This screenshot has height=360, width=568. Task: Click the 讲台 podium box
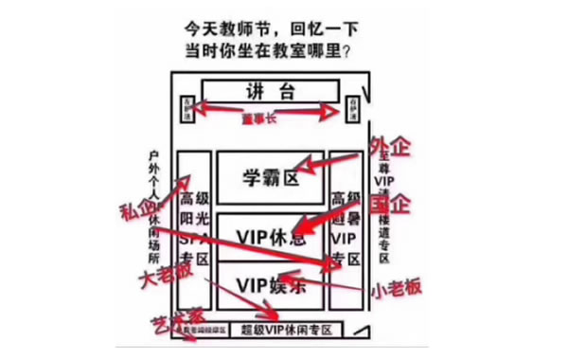271,92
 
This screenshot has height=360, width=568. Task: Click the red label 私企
139,210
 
